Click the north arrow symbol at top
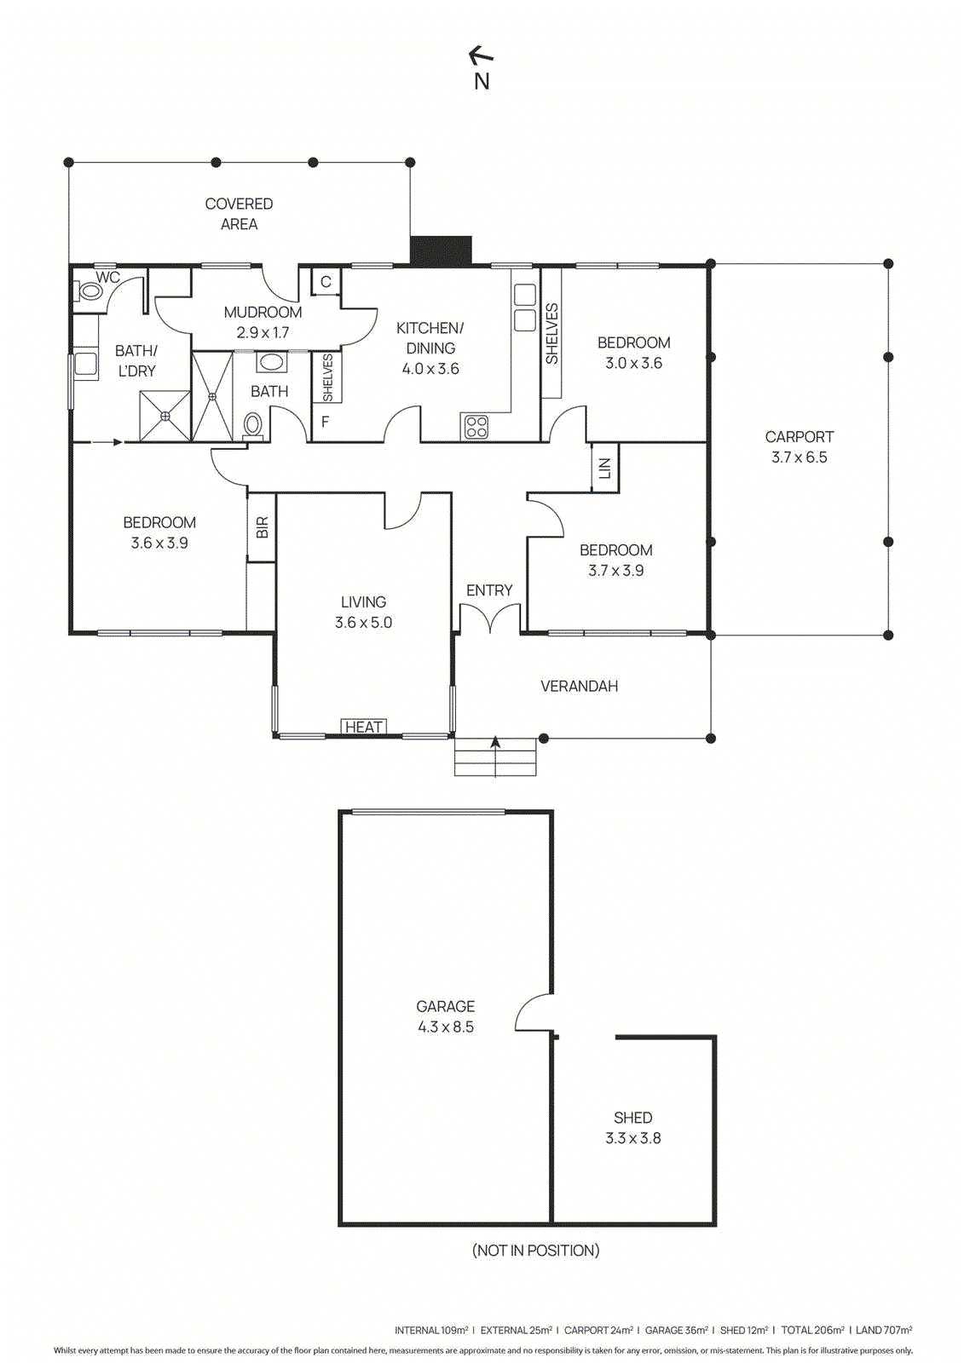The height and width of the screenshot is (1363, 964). tap(482, 57)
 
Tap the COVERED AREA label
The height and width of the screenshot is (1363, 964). tap(239, 214)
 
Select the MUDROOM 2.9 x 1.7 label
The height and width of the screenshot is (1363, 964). tap(263, 322)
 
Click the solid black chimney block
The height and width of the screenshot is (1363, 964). tap(441, 250)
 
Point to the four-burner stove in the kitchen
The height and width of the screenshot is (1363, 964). tap(476, 427)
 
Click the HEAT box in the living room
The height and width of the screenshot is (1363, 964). tap(364, 727)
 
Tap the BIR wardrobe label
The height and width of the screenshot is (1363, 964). tap(262, 527)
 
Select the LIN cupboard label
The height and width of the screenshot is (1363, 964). tap(605, 468)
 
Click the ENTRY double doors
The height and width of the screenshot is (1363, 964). tap(490, 618)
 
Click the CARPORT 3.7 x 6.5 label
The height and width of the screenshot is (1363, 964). tap(799, 446)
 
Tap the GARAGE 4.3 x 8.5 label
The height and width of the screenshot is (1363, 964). tap(445, 1016)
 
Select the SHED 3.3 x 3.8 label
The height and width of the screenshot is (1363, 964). tap(632, 1127)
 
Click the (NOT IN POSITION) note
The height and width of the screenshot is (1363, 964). tap(535, 1250)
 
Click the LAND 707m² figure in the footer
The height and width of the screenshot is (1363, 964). tap(884, 1330)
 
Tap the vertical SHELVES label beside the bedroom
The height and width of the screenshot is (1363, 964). tap(551, 334)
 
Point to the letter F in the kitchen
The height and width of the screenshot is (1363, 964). tap(325, 422)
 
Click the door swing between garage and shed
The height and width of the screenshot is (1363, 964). tap(535, 1014)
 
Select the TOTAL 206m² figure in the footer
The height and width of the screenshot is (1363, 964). tap(812, 1330)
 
